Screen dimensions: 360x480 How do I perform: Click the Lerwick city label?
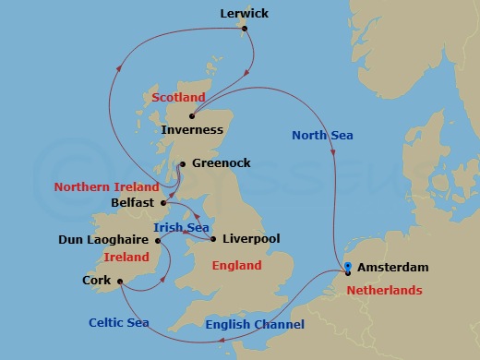245,14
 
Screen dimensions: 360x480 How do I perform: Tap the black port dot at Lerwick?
246,28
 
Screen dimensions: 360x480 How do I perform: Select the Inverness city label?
192,130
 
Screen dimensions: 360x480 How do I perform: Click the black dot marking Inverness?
191,115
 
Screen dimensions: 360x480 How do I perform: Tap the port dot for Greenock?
183,164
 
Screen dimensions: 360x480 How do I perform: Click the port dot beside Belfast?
163,202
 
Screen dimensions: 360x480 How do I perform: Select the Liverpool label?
251,239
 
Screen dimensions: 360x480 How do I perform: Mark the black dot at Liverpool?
214,239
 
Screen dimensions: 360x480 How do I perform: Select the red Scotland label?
178,97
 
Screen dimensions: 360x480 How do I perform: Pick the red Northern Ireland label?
107,186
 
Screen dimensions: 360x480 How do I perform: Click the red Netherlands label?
385,289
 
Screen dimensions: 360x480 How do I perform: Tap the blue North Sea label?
322,136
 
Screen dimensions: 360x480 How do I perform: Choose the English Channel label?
254,324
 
